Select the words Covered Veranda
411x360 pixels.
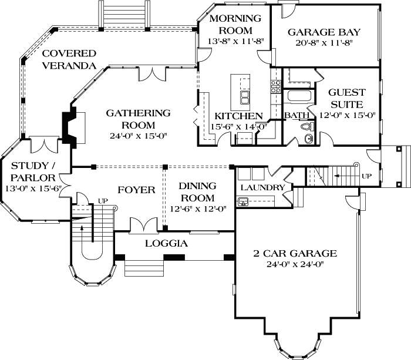pyautogui.click(x=69, y=58)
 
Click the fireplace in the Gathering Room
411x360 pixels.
pyautogui.click(x=70, y=125)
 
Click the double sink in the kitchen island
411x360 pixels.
pyautogui.click(x=244, y=96)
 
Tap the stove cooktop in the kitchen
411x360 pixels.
pyautogui.click(x=275, y=87)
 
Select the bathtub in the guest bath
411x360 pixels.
pyautogui.click(x=300, y=97)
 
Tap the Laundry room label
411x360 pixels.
pyautogui.click(x=262, y=188)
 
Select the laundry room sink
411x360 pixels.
pyautogui.click(x=244, y=201)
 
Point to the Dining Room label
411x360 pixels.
pyautogui.click(x=197, y=191)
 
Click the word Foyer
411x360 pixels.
pyautogui.click(x=136, y=190)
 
